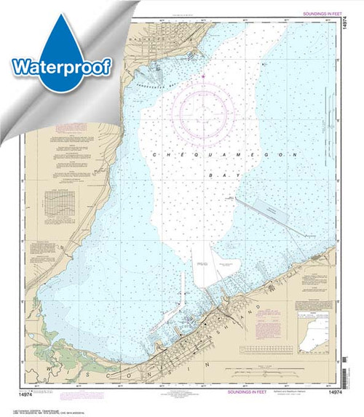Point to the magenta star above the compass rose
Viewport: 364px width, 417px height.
[204, 75]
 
